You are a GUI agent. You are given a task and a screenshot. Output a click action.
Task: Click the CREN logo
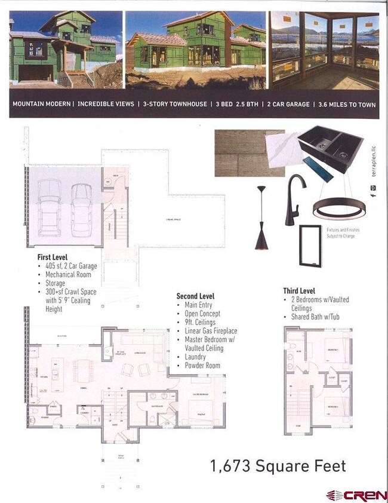[356, 495]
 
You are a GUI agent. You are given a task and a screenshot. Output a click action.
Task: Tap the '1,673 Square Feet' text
[278, 465]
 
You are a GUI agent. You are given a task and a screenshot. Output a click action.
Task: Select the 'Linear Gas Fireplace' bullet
[211, 331]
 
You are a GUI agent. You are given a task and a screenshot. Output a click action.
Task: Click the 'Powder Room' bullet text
[202, 366]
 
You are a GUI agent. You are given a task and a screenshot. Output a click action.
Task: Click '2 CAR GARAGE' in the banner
[288, 105]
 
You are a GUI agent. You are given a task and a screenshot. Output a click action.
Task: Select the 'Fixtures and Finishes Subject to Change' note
[341, 232]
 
